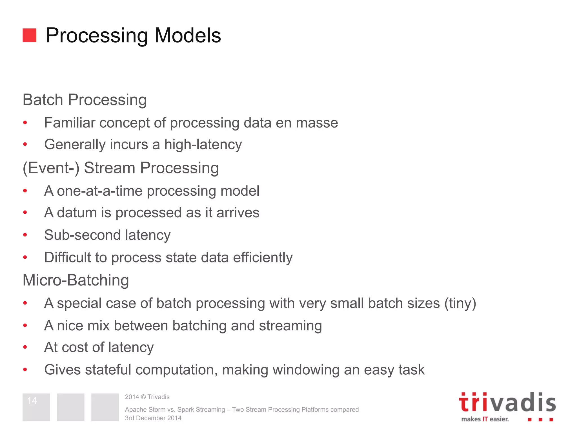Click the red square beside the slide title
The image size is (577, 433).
point(29,35)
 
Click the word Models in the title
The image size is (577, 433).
point(188,36)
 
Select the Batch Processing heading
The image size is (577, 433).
point(85,100)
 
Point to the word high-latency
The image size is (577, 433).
point(203,145)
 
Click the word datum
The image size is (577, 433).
point(77,213)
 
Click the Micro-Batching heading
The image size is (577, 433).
point(76,280)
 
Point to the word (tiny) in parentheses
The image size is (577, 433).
point(460,303)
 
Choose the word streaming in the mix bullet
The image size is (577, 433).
point(290,326)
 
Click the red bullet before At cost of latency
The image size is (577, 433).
point(25,347)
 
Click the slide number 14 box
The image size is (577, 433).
point(36,407)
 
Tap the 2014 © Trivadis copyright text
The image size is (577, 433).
point(147,397)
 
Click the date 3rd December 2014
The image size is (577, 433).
point(153,418)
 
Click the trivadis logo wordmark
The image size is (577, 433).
point(507,403)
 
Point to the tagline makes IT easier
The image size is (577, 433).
point(485,419)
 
